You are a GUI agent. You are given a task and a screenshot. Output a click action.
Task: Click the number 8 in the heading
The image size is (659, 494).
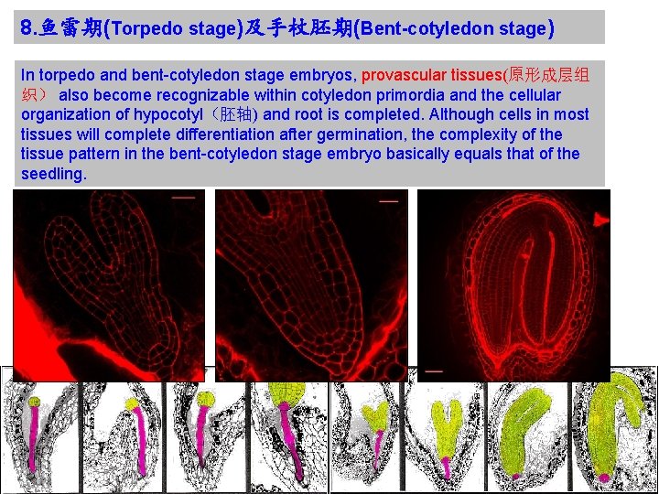click(26, 28)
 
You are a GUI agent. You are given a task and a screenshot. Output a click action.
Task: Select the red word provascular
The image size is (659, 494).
click(404, 75)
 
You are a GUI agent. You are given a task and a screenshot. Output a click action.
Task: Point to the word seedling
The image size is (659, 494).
click(53, 173)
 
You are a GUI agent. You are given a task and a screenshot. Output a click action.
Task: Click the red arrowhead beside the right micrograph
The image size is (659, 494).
click(600, 220)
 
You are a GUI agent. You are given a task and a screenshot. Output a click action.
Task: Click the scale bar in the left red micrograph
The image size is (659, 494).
click(183, 197)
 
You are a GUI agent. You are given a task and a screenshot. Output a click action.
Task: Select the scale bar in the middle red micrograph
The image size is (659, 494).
click(388, 201)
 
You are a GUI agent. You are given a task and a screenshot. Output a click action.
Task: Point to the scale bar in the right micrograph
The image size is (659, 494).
click(434, 371)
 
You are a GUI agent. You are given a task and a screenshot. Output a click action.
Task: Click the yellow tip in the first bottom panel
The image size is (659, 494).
click(34, 402)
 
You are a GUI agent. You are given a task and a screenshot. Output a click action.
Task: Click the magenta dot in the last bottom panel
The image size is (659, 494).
click(604, 478)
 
